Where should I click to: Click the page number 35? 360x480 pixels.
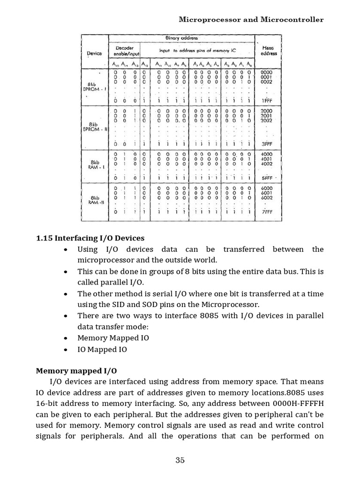[x=180, y=460]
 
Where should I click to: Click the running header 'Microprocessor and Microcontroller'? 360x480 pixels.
[x=251, y=20]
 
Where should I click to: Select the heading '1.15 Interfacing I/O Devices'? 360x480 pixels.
[x=90, y=238]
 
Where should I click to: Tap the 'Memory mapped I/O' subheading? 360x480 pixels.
[x=76, y=371]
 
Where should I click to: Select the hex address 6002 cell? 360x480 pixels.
[x=267, y=198]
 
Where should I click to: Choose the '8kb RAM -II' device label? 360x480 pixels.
[x=96, y=199]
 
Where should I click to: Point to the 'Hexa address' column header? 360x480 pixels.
[x=269, y=51]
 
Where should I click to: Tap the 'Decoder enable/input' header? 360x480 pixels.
[x=124, y=51]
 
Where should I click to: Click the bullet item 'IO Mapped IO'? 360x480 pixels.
[x=102, y=350]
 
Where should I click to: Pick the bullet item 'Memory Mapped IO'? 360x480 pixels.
[x=113, y=338]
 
